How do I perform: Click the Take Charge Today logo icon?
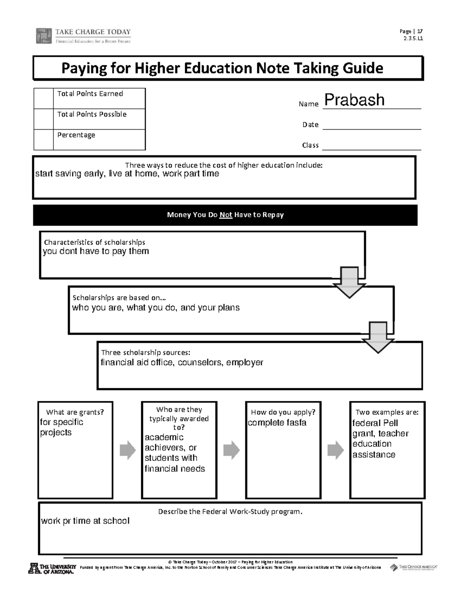pyautogui.click(x=43, y=36)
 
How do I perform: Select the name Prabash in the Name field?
pyautogui.click(x=354, y=100)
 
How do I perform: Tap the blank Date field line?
pyautogui.click(x=371, y=125)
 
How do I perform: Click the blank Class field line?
pyautogui.click(x=371, y=146)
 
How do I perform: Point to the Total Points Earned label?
pyautogui.click(x=90, y=94)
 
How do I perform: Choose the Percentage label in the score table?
pyautogui.click(x=76, y=135)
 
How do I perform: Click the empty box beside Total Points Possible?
pyautogui.click(x=43, y=119)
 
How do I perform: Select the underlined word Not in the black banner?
pyautogui.click(x=226, y=215)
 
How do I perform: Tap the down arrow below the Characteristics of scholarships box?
pyautogui.click(x=349, y=283)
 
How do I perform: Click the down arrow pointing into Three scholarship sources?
pyautogui.click(x=378, y=338)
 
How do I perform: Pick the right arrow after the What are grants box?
pyautogui.click(x=128, y=450)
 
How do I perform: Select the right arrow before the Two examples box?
pyautogui.click(x=335, y=450)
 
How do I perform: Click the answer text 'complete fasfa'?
pyautogui.click(x=277, y=423)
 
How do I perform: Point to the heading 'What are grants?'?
pyautogui.click(x=75, y=412)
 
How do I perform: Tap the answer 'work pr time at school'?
pyautogui.click(x=85, y=521)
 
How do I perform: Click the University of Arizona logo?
pyautogui.click(x=51, y=568)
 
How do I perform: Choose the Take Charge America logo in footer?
pyautogui.click(x=414, y=567)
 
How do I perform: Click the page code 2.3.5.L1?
pyautogui.click(x=413, y=38)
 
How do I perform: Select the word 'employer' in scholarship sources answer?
pyautogui.click(x=244, y=363)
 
